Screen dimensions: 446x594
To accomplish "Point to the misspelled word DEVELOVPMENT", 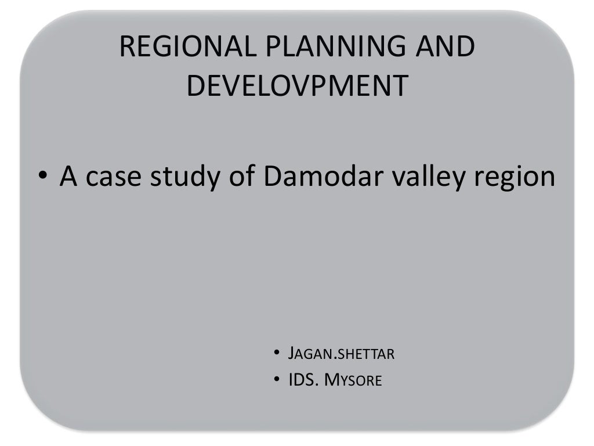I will [297, 86].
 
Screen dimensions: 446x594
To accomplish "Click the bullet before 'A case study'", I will [43, 177].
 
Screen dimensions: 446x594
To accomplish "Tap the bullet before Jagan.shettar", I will [277, 353].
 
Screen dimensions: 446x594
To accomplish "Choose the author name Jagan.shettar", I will [341, 353].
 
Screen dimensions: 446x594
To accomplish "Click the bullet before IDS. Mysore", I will [277, 380].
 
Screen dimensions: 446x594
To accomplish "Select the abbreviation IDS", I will [301, 380].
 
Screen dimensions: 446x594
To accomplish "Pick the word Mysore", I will [353, 381].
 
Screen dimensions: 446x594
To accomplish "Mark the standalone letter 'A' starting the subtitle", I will [69, 176].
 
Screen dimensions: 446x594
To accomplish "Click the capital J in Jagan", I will [292, 353].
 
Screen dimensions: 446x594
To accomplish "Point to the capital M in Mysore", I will [331, 380].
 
